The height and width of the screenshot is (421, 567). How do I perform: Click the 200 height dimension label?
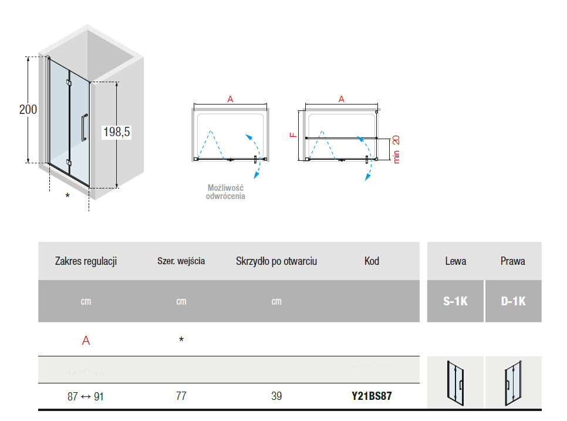click(x=28, y=110)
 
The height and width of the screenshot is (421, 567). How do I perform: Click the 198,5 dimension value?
click(x=116, y=133)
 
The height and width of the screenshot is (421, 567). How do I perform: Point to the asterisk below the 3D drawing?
click(x=67, y=196)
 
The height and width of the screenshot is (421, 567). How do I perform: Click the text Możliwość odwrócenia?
click(x=225, y=192)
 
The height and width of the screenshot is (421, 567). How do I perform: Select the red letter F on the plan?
click(x=293, y=134)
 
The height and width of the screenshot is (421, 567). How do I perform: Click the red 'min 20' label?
click(x=396, y=149)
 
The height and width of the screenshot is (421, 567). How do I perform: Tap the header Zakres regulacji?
click(x=86, y=261)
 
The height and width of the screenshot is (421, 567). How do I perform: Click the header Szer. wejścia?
click(x=181, y=261)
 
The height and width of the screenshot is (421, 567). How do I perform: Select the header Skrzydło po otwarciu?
click(x=276, y=261)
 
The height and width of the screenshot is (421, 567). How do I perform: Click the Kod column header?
click(x=372, y=261)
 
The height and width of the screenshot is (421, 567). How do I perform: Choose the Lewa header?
click(x=455, y=261)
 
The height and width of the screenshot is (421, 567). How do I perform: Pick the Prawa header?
click(x=513, y=261)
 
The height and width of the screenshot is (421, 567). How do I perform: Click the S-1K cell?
click(x=455, y=301)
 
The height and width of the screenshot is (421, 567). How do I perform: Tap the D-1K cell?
click(x=513, y=301)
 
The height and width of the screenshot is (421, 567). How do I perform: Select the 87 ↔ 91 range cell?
click(x=86, y=396)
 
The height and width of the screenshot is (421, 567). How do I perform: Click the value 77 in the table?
click(x=181, y=396)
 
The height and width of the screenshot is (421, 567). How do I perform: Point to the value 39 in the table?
click(x=276, y=396)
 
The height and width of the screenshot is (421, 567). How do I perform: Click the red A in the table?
click(x=86, y=341)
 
